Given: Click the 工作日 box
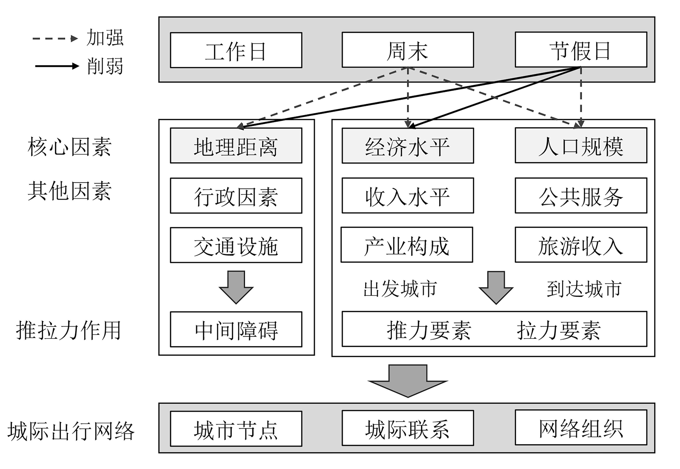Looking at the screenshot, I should click(236, 50).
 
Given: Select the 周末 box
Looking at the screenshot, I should click(408, 50).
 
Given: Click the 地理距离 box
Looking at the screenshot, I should click(236, 146).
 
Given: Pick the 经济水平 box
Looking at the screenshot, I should click(408, 146).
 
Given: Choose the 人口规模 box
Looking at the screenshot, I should click(581, 146).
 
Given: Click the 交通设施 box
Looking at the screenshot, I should click(236, 245).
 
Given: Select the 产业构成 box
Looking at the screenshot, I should click(407, 245).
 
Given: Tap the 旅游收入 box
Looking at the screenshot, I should click(581, 245).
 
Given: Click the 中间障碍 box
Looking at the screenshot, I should click(236, 329).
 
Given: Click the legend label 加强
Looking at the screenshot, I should click(105, 38).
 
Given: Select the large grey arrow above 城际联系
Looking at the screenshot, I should click(408, 381).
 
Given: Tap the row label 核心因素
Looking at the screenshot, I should click(70, 146).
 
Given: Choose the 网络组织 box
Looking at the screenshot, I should click(581, 428).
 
